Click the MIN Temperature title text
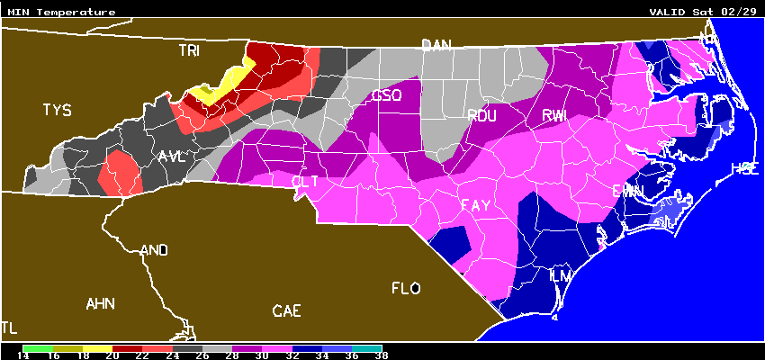pyautogui.click(x=61, y=13)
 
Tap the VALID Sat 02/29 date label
pyautogui.click(x=705, y=13)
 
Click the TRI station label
pyautogui.click(x=189, y=51)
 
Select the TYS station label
pyautogui.click(x=56, y=111)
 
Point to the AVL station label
pyautogui.click(x=171, y=157)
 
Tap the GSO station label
pyautogui.click(x=387, y=95)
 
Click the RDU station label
pyautogui.click(x=481, y=114)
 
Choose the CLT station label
pyautogui.click(x=305, y=181)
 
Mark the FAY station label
pyautogui.click(x=475, y=206)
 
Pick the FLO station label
pyautogui.click(x=406, y=289)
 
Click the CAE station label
pyautogui.click(x=287, y=311)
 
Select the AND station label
pyautogui.click(x=154, y=250)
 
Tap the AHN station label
pyautogui.click(x=101, y=303)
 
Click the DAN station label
pyautogui.click(x=436, y=45)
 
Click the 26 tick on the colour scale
pyautogui.click(x=202, y=355)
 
